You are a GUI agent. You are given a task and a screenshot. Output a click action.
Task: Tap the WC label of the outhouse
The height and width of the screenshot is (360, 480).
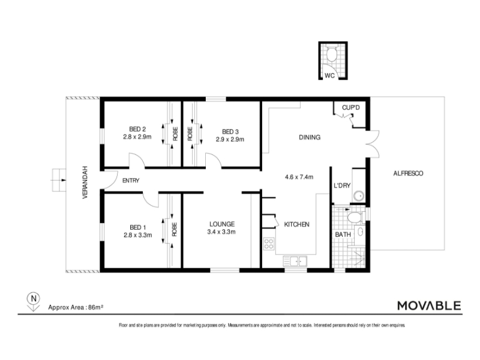(329, 76)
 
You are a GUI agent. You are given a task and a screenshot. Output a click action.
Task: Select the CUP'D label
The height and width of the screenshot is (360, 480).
(351, 108)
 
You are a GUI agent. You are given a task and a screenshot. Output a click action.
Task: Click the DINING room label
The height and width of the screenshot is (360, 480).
(310, 137)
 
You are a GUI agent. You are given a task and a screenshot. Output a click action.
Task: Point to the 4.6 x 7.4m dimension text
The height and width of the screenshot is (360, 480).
(299, 177)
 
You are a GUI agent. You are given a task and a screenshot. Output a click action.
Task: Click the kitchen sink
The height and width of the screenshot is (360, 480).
(295, 261)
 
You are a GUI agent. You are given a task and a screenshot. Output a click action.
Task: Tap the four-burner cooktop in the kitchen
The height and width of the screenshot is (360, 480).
(268, 244)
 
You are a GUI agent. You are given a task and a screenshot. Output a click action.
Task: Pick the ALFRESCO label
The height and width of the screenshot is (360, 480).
(408, 173)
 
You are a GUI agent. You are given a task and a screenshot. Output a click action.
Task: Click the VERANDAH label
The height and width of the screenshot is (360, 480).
(85, 182)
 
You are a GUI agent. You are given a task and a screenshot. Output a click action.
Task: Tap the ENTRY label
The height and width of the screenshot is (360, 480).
(131, 181)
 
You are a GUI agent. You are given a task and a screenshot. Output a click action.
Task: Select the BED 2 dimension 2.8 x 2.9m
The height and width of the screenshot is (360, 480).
(137, 137)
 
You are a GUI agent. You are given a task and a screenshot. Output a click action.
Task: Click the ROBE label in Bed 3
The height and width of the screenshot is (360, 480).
(190, 134)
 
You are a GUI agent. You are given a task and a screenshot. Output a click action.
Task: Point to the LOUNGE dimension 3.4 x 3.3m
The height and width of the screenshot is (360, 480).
(221, 232)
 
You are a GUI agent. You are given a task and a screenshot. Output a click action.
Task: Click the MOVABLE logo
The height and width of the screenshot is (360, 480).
(429, 305)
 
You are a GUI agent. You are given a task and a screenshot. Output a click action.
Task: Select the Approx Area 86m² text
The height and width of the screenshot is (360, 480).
(76, 307)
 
